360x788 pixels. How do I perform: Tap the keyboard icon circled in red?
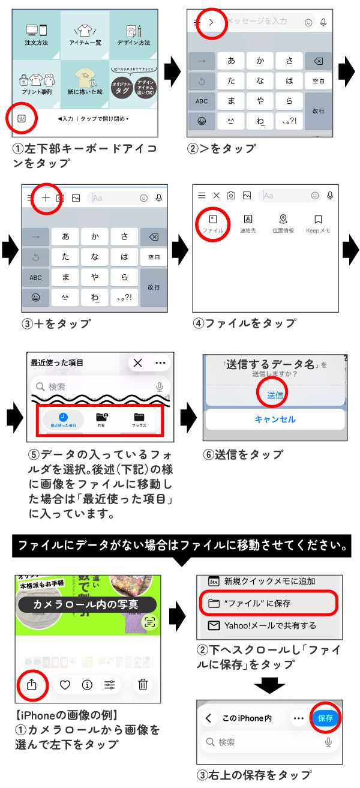coord(22,118)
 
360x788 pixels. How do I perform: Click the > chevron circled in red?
coord(211,23)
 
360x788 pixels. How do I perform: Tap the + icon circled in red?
coord(46,197)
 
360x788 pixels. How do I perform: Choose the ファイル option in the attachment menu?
coord(213,223)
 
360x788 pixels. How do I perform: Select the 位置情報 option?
coord(283,223)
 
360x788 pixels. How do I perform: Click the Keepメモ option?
coord(318,223)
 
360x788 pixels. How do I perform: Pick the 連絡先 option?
coord(248,223)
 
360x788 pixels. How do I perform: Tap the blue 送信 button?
coord(275,396)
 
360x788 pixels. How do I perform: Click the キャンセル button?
coord(275,420)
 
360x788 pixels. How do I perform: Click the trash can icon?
coord(143,684)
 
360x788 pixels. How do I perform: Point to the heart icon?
coord(65,684)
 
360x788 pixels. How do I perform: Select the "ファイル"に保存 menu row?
coord(270,604)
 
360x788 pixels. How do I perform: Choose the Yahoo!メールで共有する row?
coord(270,626)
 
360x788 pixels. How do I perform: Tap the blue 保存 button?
coord(326,718)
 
